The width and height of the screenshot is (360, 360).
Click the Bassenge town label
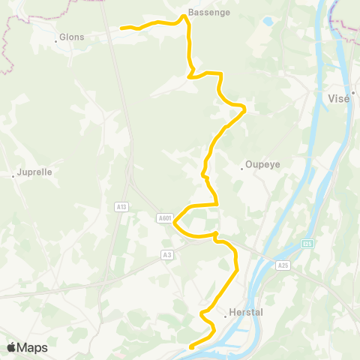(x=209, y=13)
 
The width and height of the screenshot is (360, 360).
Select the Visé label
(x=340, y=98)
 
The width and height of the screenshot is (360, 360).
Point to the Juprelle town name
(x=34, y=172)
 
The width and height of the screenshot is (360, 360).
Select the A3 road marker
(x=166, y=255)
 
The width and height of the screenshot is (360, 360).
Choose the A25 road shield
(x=282, y=265)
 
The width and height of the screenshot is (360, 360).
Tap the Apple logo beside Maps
(x=11, y=347)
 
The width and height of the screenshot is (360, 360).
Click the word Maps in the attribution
(x=32, y=347)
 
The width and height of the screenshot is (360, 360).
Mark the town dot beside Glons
(x=56, y=40)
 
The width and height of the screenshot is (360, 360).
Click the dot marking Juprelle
(x=13, y=176)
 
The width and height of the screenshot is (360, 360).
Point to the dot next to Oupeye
(x=241, y=168)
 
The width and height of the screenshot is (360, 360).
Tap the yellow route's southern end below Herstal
(x=191, y=346)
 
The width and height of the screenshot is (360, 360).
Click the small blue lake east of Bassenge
(x=267, y=22)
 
